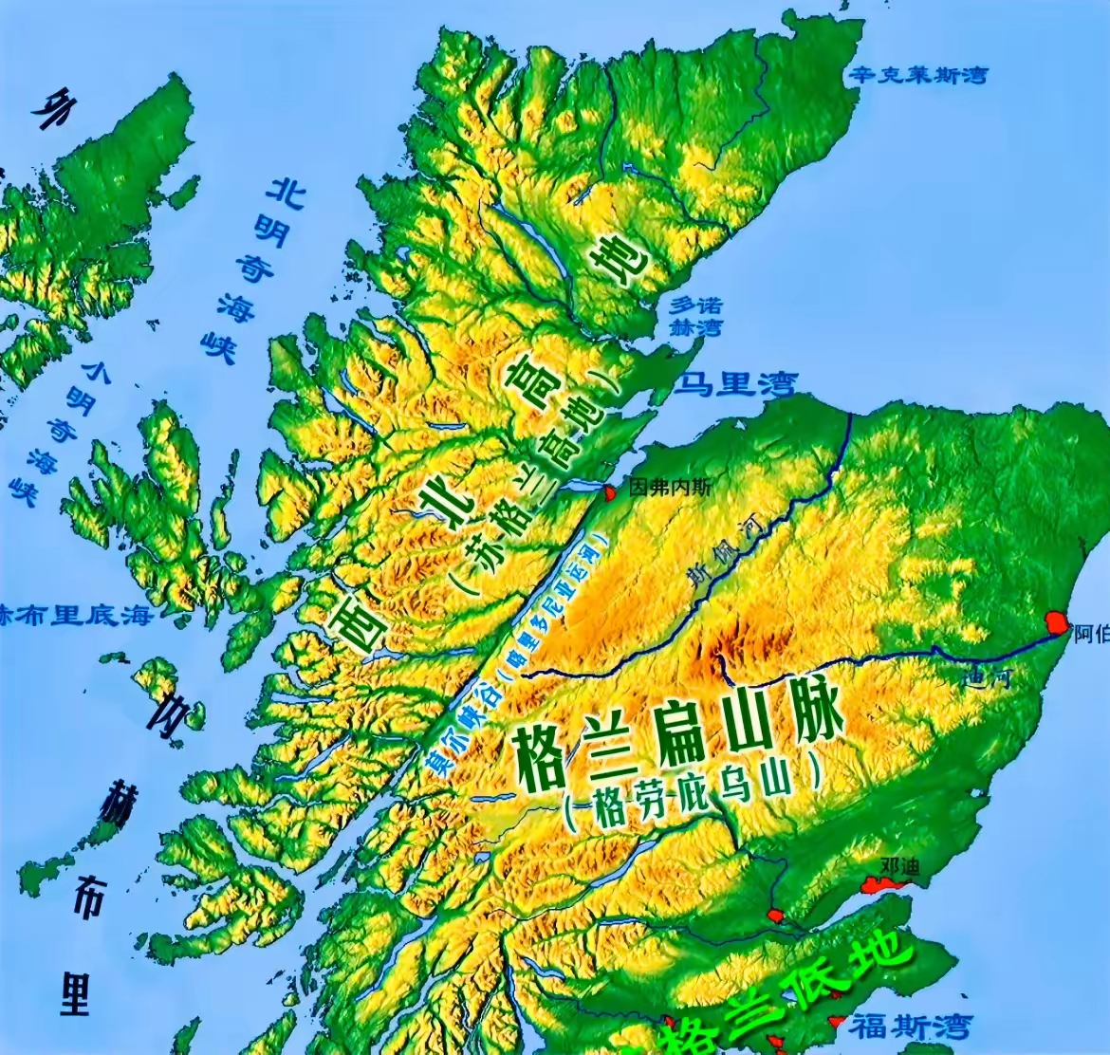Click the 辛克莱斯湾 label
click(917, 75)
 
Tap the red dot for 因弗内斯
click(608, 491)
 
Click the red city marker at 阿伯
click(1055, 622)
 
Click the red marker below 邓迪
click(881, 885)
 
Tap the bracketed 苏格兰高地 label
click(535, 484)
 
